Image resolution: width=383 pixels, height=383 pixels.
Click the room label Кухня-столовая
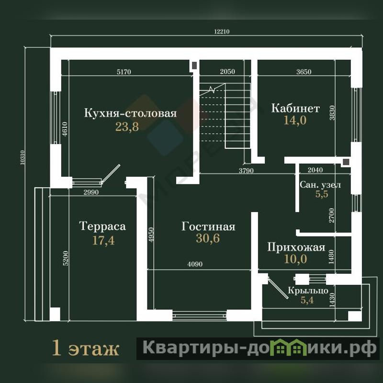(x=130, y=113)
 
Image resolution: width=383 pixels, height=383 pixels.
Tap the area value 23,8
(x=127, y=127)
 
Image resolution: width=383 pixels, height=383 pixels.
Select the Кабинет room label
(x=295, y=108)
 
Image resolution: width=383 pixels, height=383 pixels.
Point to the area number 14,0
(x=295, y=120)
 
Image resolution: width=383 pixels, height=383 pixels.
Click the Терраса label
(x=102, y=226)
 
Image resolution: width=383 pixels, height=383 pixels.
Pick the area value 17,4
(x=103, y=240)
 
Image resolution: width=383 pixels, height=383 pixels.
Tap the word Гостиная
(x=208, y=226)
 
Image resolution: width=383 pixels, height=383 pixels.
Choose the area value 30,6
(x=208, y=238)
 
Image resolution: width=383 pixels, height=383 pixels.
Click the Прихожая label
(x=296, y=247)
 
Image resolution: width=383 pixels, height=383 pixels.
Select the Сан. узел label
(x=320, y=185)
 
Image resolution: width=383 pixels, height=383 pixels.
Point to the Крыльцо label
(x=308, y=291)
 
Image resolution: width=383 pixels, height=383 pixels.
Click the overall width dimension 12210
(x=222, y=32)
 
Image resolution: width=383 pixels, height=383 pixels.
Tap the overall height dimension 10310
(x=22, y=158)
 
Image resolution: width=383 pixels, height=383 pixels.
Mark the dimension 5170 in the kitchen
(x=124, y=72)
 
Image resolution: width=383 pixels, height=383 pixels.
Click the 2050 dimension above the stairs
(x=227, y=71)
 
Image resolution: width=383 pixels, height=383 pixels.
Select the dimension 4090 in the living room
(x=195, y=264)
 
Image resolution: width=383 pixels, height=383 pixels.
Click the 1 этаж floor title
(x=86, y=348)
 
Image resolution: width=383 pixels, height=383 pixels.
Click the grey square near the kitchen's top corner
(x=194, y=65)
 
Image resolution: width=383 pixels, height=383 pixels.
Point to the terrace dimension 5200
(x=66, y=258)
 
